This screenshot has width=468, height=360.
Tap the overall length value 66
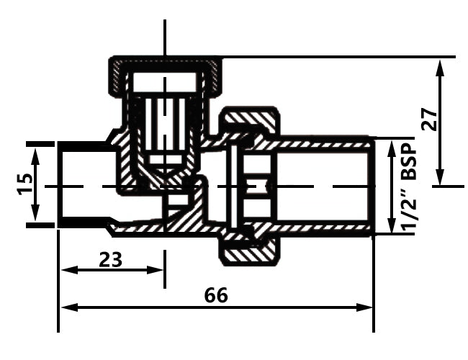pos(216,295)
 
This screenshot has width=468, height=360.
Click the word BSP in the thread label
pos(409,165)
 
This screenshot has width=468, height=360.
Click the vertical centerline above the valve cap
pos(165,36)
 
